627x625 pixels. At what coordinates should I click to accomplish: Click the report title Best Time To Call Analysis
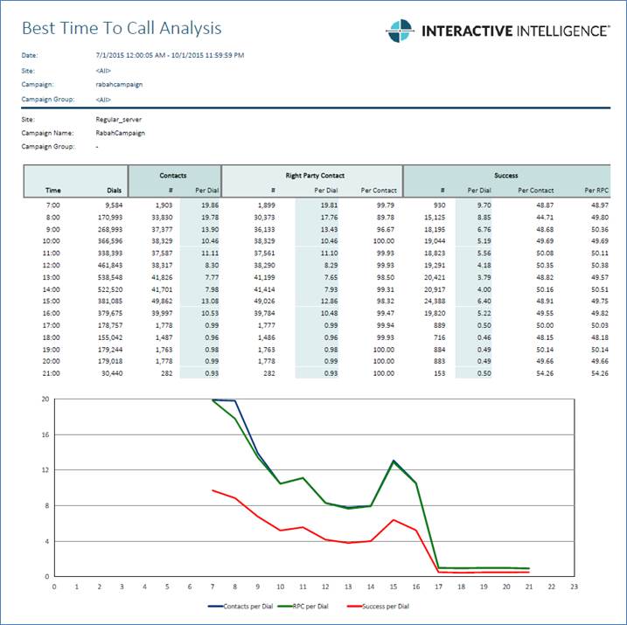tap(121, 29)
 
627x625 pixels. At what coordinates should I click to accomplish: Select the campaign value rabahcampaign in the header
tap(119, 84)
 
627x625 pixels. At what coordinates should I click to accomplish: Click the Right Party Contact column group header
tap(311, 176)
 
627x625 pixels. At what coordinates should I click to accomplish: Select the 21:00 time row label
tap(52, 373)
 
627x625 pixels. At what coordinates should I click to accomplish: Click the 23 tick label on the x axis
tap(574, 587)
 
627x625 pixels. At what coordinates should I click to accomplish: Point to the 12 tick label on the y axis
tap(45, 470)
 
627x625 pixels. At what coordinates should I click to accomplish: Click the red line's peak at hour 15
tap(394, 520)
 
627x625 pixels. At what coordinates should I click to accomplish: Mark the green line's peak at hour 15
tap(394, 462)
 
